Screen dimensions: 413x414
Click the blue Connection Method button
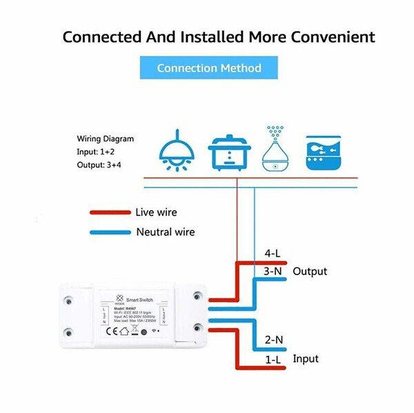(x=209, y=68)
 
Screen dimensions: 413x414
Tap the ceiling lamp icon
(x=177, y=150)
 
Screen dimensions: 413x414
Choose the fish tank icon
(x=323, y=151)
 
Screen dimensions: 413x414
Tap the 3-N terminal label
(x=273, y=271)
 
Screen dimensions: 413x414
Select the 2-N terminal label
(x=273, y=339)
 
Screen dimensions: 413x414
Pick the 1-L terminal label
(x=273, y=359)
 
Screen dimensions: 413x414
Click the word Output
(x=310, y=271)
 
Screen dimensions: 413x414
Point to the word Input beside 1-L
(x=306, y=359)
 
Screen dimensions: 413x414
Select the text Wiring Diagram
(x=105, y=139)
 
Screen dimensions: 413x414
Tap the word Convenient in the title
(x=330, y=36)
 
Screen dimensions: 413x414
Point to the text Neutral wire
(x=166, y=232)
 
